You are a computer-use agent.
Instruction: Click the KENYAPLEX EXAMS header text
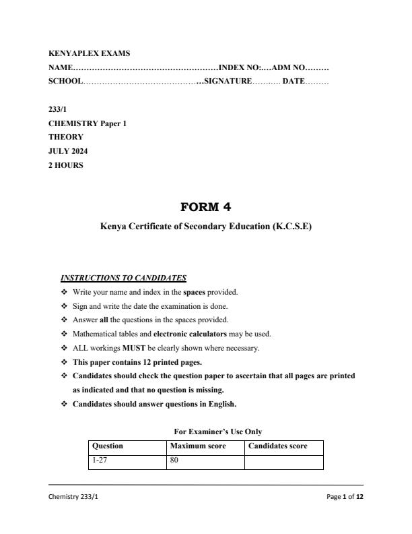[90, 53]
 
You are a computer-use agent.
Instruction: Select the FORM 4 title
[205, 207]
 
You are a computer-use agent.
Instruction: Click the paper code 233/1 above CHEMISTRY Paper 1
[58, 109]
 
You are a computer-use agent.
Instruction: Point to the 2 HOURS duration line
[66, 165]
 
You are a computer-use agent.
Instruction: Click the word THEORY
[66, 137]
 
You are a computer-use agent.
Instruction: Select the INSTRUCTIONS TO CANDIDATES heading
[123, 278]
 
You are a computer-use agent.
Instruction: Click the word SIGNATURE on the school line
[229, 81]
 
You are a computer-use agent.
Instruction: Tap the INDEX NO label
[240, 67]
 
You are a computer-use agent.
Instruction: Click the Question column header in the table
[108, 446]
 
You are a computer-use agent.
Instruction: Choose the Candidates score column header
[278, 446]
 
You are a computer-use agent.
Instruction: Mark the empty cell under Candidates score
[283, 461]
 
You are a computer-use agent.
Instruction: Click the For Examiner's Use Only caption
[218, 432]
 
